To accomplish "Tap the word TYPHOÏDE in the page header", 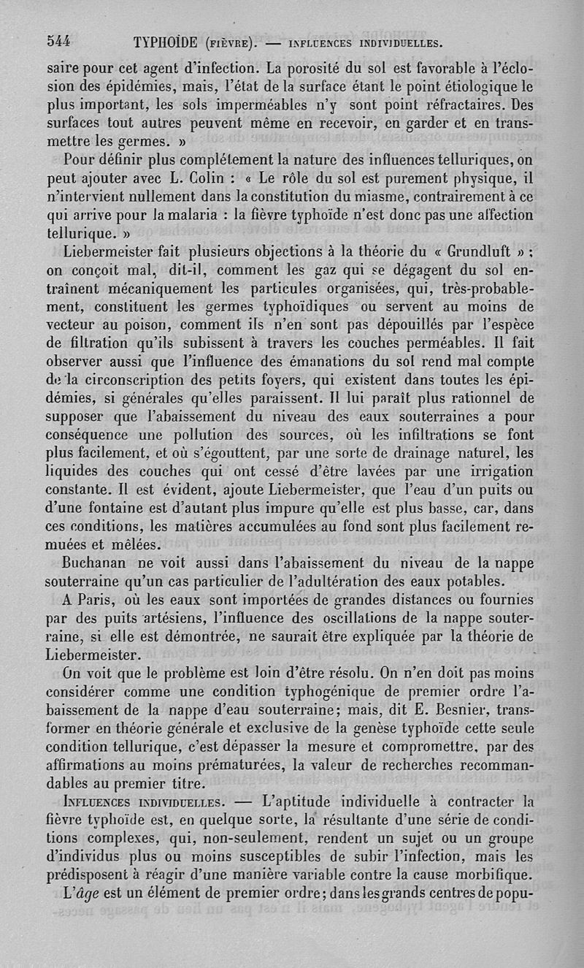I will click(x=174, y=42).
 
